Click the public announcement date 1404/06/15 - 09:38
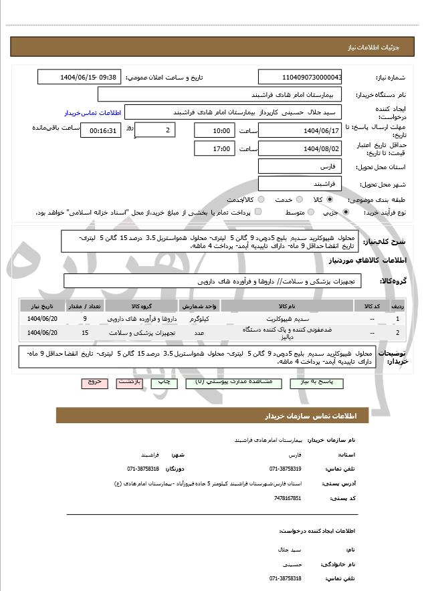[x=80, y=77]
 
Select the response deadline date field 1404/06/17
[x=300, y=130]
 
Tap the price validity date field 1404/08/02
[x=300, y=148]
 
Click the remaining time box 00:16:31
[x=101, y=130]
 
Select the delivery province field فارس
[x=300, y=166]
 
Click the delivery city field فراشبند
[x=300, y=183]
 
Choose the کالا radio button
[x=330, y=199]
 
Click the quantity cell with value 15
[x=85, y=332]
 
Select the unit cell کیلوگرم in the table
[x=199, y=318]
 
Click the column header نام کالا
[x=287, y=306]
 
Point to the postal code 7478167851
[x=288, y=498]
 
